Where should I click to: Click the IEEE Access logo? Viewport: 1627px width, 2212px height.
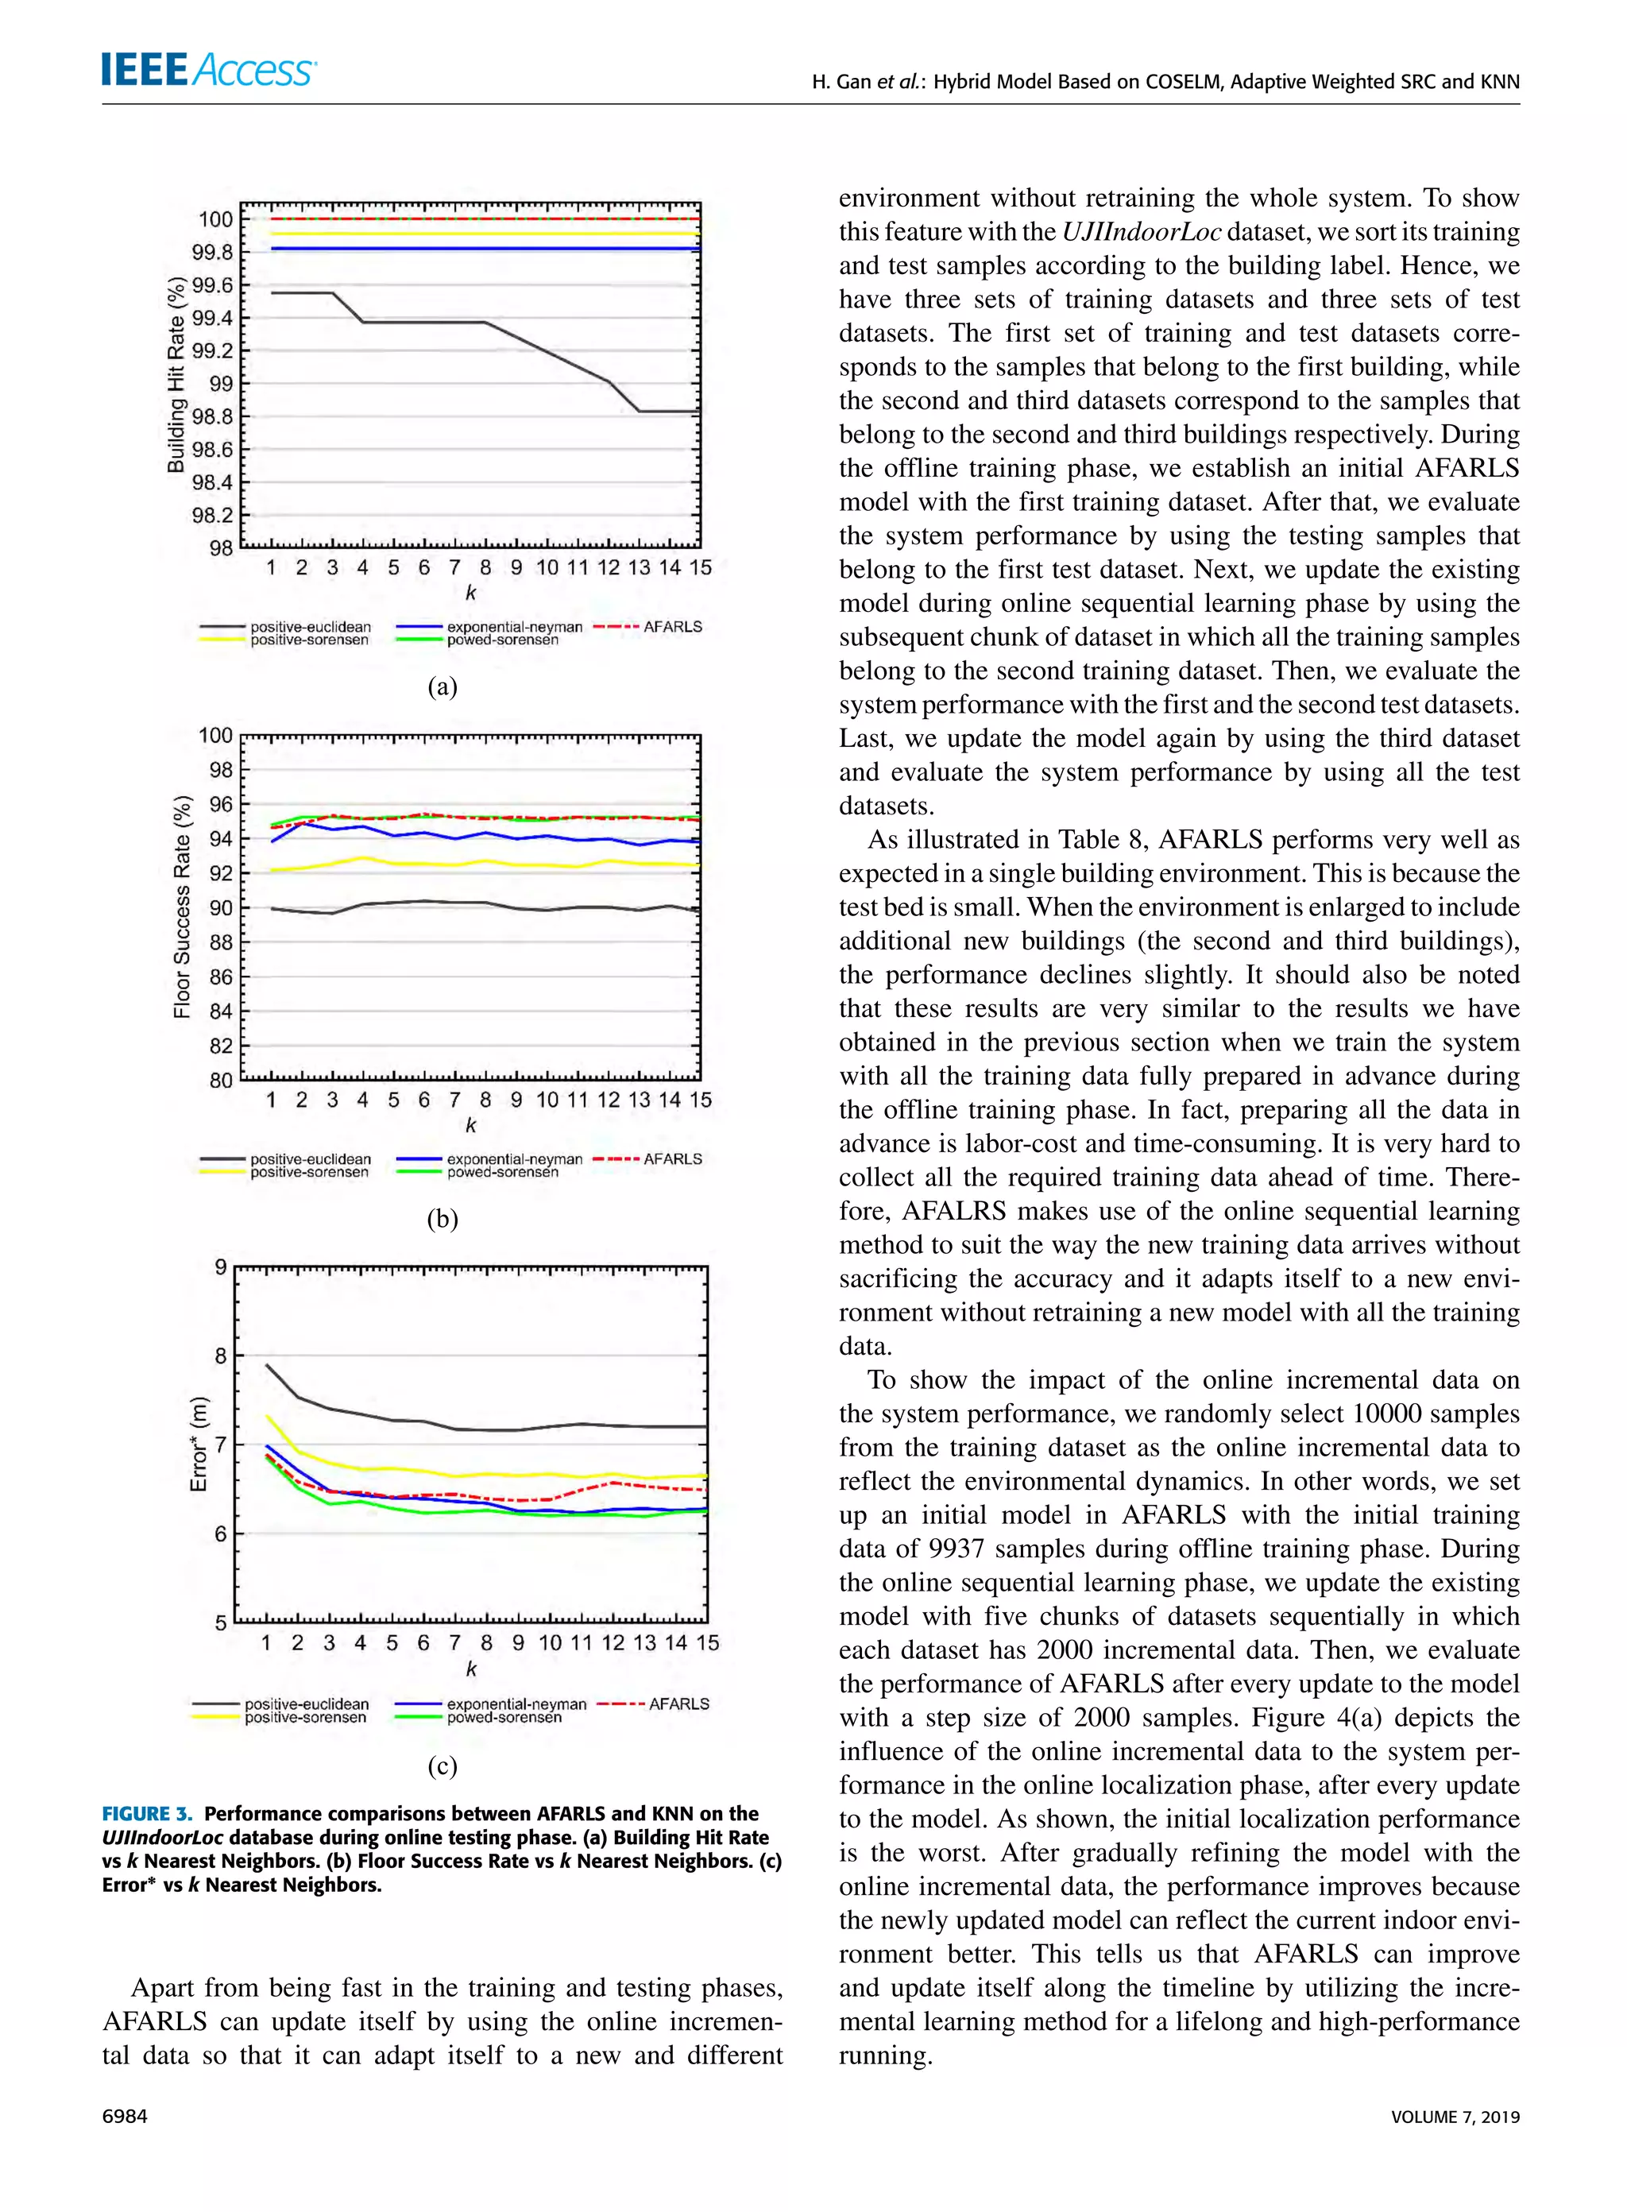(208, 69)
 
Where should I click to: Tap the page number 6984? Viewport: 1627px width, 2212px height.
(125, 2117)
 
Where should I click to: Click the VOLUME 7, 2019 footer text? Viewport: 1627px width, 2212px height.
(1455, 2117)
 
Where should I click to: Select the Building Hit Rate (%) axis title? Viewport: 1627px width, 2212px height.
(176, 375)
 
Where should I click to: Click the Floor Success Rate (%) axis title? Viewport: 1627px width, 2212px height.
(182, 906)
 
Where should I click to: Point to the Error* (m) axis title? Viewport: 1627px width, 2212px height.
(199, 1444)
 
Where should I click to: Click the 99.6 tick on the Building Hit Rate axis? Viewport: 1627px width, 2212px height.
(213, 285)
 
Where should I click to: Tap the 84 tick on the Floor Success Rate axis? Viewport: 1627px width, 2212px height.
(221, 1011)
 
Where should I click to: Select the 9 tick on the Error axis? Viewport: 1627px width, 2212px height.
(222, 1266)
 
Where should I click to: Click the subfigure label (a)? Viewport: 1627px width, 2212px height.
(442, 686)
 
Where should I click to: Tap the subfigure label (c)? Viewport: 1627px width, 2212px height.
(442, 1765)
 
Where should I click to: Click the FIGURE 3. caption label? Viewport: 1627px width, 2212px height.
(148, 1814)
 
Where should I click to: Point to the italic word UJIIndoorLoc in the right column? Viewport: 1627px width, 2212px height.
(1142, 233)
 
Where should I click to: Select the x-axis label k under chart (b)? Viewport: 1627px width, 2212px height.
(471, 1125)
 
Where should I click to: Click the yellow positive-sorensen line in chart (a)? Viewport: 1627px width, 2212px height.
(473, 234)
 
